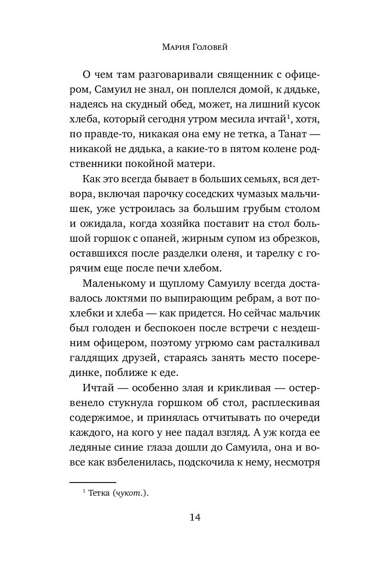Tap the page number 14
tap(195, 518)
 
